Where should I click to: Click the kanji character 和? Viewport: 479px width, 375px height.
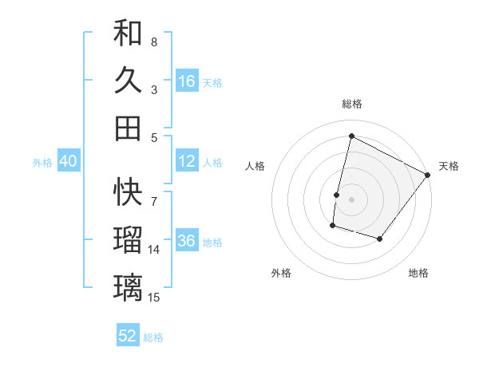(x=128, y=34)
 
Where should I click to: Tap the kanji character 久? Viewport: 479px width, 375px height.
(x=128, y=81)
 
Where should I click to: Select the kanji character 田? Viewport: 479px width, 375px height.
(x=128, y=128)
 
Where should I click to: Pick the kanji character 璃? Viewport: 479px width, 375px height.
(x=128, y=286)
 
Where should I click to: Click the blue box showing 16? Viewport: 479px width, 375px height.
(x=187, y=81)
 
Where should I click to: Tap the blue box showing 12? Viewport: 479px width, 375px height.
(x=187, y=161)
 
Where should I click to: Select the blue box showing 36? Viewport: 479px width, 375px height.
(x=187, y=242)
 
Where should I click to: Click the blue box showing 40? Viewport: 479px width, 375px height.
(x=68, y=161)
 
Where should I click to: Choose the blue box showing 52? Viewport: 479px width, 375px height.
(x=128, y=336)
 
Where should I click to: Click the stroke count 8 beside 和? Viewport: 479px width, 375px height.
(x=154, y=42)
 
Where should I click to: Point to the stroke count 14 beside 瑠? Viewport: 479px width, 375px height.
(x=154, y=250)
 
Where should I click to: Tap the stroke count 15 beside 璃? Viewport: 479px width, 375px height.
(x=154, y=298)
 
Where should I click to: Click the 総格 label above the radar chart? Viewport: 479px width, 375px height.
(x=352, y=104)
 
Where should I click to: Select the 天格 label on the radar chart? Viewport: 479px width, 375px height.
(x=449, y=166)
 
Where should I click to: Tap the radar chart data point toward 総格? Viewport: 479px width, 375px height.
(x=351, y=136)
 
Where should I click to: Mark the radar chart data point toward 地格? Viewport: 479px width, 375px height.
(x=380, y=239)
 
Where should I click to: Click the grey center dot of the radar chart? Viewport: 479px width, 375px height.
(x=351, y=199)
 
